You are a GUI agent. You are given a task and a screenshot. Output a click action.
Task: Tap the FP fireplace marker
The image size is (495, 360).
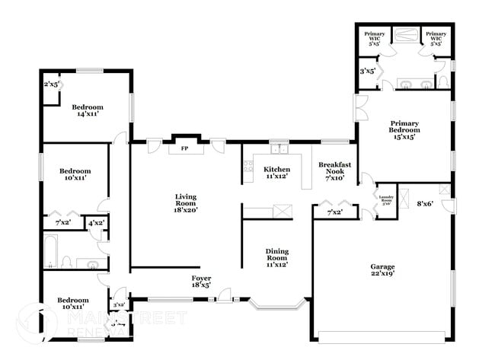coord(184,148)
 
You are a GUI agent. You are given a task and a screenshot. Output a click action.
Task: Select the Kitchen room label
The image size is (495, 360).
coord(276,173)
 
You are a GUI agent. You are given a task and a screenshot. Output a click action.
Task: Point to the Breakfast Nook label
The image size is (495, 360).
coord(334,171)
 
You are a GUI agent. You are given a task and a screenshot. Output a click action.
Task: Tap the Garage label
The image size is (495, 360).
coord(382,271)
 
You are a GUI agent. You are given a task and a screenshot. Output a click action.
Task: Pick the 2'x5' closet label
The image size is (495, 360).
coord(53,84)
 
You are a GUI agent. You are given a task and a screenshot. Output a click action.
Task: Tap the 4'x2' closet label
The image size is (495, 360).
coord(97,223)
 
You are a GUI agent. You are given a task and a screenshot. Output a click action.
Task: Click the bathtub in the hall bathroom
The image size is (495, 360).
coord(50,253)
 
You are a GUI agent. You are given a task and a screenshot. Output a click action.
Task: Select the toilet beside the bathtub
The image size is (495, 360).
coord(67,263)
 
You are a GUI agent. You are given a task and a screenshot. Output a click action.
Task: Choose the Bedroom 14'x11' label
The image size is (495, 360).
coord(87,111)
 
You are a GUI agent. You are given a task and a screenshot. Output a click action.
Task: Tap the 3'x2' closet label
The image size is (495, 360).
coord(118,304)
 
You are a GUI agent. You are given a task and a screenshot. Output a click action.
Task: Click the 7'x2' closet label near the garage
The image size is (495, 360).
coord(334,212)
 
